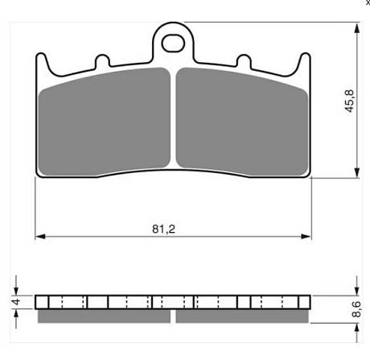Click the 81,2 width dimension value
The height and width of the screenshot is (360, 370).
[163, 229]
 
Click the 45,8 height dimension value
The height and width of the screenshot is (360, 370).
[349, 101]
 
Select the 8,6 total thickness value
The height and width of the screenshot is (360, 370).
[356, 309]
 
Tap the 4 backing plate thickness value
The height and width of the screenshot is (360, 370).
[16, 301]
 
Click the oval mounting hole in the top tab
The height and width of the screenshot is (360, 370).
[173, 43]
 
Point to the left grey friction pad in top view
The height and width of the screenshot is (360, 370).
[105, 122]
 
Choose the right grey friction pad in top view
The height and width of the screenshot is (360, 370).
[242, 122]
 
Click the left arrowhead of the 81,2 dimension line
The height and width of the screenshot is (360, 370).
[40, 237]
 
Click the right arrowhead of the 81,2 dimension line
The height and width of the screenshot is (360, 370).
[306, 237]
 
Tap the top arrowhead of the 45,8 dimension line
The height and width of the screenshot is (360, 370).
[356, 28]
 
